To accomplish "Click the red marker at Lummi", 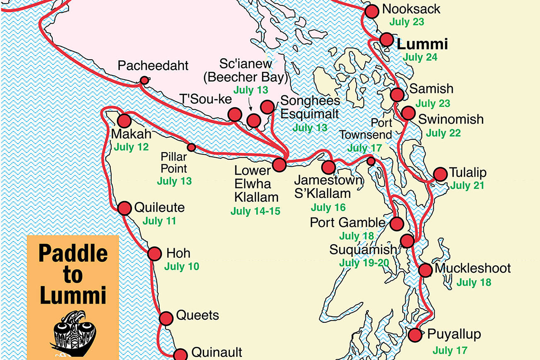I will click(x=387, y=39).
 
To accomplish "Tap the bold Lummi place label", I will click(x=422, y=44).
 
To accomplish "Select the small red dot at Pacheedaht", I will click(x=144, y=80).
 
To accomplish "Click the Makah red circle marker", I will click(x=124, y=121).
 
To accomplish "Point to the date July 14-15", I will click(x=255, y=211).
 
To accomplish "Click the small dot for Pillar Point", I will click(x=191, y=147).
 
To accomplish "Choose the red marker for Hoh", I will click(x=154, y=253).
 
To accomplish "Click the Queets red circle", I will click(x=166, y=318).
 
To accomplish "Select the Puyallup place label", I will click(x=454, y=334).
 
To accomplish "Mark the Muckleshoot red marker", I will click(x=426, y=270).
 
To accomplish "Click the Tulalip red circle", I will click(x=440, y=174).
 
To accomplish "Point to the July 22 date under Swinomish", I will click(x=443, y=133).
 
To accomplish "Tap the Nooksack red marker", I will click(x=371, y=11).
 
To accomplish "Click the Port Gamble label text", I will click(x=348, y=223).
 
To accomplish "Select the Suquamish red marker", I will click(x=407, y=241).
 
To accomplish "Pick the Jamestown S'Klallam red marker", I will click(x=328, y=167).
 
